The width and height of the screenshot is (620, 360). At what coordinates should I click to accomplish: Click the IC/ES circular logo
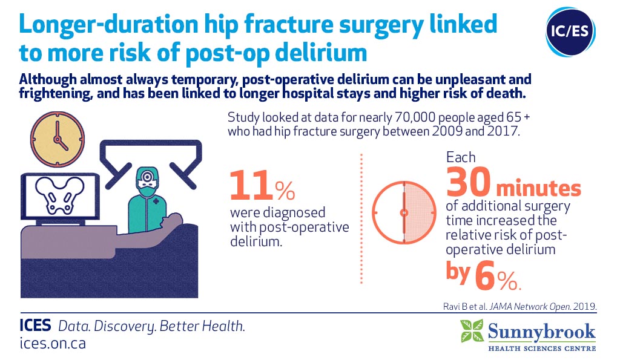pos(570,31)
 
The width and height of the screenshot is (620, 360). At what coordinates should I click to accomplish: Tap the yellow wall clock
pos(58,139)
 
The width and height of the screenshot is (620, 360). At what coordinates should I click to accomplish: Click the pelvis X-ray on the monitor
pos(60,195)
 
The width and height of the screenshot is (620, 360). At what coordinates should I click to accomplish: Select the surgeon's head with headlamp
pos(148,182)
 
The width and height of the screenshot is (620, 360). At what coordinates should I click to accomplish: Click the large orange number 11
pos(251,185)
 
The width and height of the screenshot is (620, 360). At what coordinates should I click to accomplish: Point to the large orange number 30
pos(469,182)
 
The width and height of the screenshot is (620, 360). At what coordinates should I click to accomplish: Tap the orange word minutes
pos(538,188)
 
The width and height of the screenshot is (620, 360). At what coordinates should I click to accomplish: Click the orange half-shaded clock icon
pos(404,212)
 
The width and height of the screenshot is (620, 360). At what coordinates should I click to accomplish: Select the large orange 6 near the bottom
pos(485,275)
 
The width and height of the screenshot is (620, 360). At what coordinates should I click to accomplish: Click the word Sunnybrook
pos(542,332)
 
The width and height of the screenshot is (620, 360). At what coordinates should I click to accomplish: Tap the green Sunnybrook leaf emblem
pos(472,331)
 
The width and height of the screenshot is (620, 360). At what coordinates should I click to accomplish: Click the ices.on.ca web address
pos(53,343)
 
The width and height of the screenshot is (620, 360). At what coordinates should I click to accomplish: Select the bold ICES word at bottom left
pos(35,326)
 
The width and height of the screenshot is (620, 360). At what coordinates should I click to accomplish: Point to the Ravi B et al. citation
pos(519,306)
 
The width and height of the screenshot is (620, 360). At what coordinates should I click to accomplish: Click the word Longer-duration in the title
pos(108,24)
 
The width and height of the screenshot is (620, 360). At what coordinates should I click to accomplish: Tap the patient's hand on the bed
pos(173,219)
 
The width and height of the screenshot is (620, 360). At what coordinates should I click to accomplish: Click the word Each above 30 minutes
pos(461,157)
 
